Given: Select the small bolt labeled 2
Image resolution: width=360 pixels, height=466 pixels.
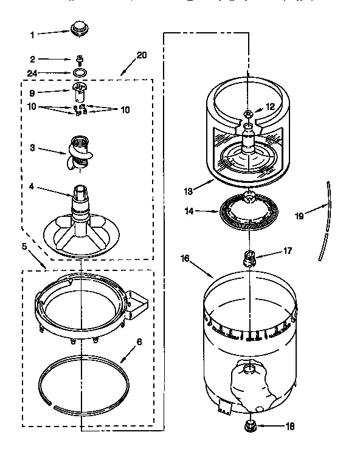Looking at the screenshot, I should point(79,60).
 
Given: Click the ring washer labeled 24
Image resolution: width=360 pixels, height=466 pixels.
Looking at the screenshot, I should point(79,73).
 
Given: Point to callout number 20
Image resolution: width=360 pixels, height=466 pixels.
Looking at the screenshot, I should point(141,55).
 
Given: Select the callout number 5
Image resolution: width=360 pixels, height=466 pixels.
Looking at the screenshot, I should point(24,247).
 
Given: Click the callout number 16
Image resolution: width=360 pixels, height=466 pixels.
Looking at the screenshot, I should point(185,258).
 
